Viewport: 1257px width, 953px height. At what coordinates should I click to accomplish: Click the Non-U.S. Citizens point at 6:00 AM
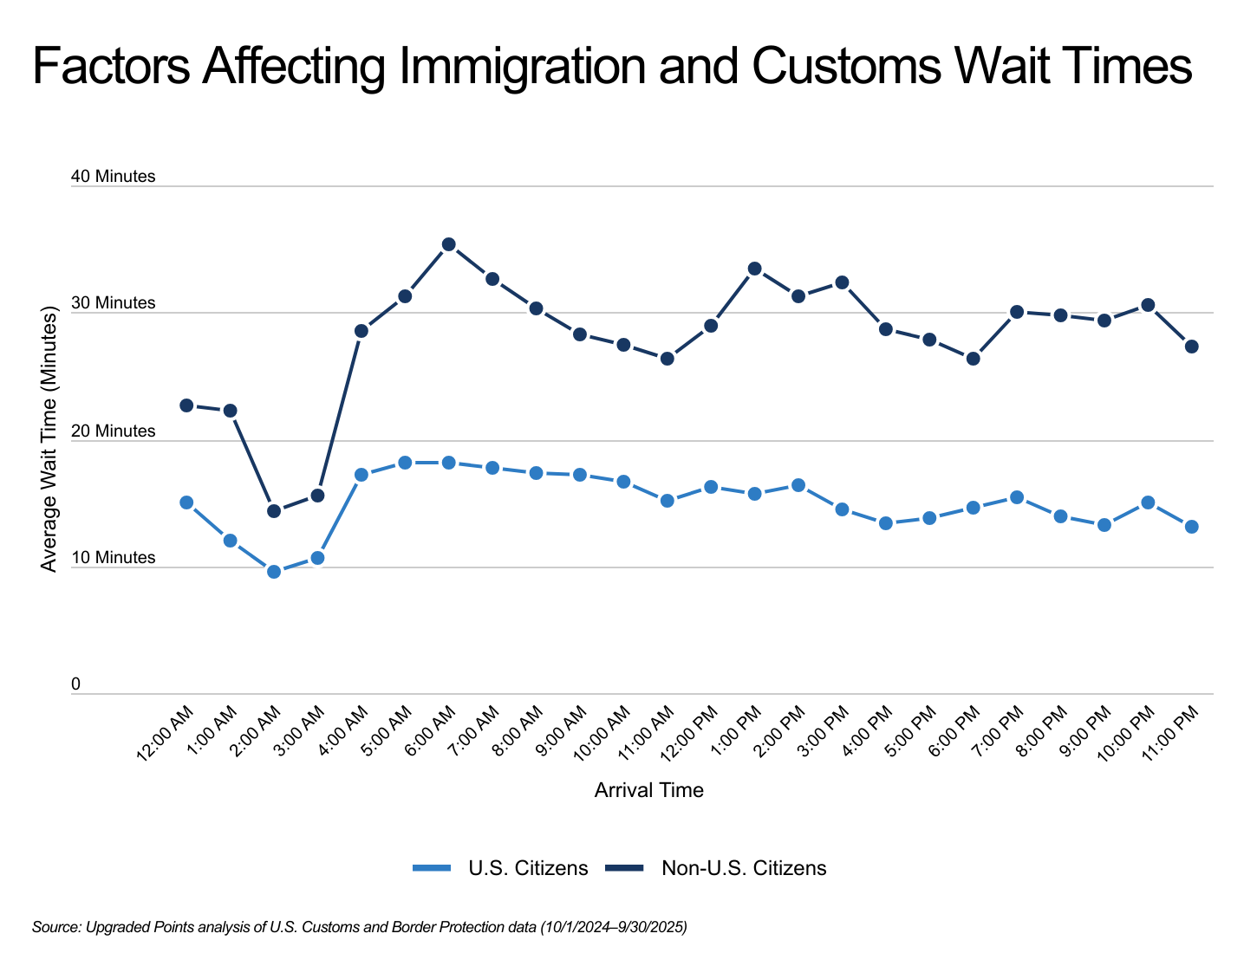point(448,244)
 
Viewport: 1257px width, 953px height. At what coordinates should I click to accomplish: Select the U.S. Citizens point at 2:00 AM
point(274,572)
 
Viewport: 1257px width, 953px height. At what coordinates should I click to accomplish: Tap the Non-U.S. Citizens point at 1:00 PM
point(754,269)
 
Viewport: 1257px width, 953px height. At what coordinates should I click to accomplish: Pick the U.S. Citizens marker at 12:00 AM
point(186,502)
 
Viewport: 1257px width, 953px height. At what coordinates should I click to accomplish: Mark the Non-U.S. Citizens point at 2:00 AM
point(274,511)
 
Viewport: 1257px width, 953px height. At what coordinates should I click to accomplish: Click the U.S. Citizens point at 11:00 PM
point(1191,527)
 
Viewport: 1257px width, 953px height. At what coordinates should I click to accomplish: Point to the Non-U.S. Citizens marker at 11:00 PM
point(1191,347)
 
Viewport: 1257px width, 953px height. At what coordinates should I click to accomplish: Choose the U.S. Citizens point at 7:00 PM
point(1017,497)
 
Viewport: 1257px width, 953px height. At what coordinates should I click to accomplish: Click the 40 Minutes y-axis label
point(114,177)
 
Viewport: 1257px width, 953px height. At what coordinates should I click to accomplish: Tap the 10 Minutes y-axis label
point(114,558)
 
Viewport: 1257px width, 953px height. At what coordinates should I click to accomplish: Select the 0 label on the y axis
point(75,684)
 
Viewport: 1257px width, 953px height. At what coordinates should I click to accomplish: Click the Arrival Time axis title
point(648,790)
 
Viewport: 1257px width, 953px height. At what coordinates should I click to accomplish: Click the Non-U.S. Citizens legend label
point(744,868)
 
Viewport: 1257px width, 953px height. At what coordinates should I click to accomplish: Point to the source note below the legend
point(359,927)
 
